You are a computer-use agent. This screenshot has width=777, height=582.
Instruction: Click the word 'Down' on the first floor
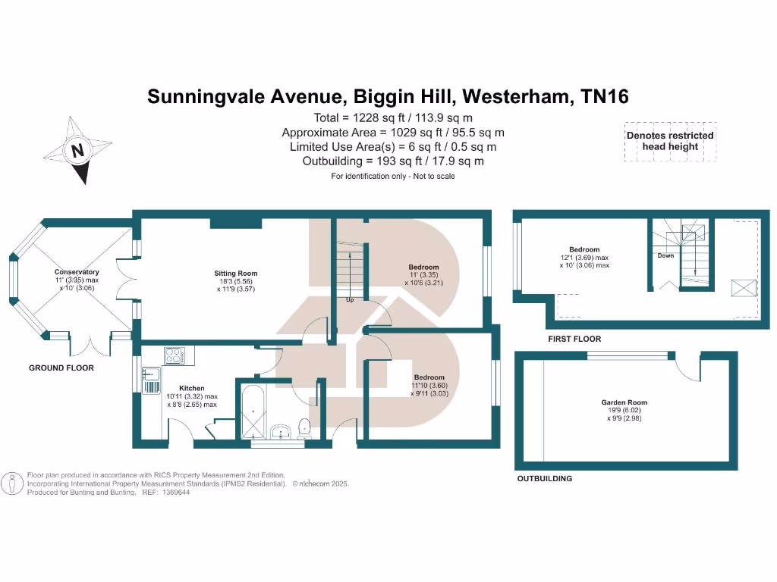(665, 256)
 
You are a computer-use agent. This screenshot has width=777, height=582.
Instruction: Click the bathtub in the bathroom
(251, 413)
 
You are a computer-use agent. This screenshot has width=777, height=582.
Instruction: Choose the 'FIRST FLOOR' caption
(574, 339)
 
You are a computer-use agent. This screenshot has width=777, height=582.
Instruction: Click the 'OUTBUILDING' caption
(545, 479)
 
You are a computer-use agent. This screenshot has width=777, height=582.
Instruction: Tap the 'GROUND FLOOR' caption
(61, 368)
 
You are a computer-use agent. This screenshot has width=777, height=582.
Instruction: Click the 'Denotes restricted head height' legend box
(670, 141)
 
